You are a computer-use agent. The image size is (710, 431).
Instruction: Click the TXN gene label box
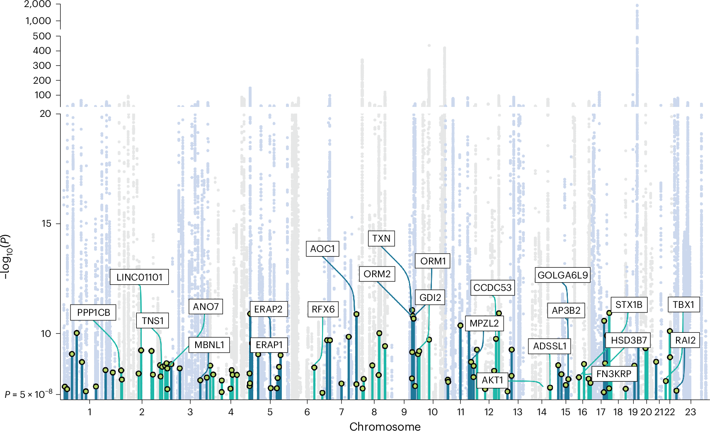[x=381, y=239]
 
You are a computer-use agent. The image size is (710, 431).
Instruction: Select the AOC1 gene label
[x=322, y=249]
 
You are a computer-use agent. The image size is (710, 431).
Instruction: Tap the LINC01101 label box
[x=139, y=277]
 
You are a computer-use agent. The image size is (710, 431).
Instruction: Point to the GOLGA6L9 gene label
[x=562, y=275]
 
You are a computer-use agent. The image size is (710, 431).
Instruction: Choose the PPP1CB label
[x=93, y=312]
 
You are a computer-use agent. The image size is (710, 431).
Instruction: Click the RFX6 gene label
[x=323, y=309]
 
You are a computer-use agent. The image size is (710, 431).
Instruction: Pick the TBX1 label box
[x=683, y=305]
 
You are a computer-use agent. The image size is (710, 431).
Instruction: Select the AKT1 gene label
[x=492, y=380]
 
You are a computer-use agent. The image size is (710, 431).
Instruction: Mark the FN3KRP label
[x=613, y=374]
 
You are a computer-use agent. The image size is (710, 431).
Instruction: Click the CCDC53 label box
[x=492, y=288]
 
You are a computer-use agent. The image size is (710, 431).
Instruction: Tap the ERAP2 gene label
[x=268, y=309]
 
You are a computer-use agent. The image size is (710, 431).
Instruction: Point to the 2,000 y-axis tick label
[x=38, y=4]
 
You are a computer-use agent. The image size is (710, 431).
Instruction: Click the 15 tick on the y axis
[x=46, y=223]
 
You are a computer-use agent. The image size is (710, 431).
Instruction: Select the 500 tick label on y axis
[x=42, y=36]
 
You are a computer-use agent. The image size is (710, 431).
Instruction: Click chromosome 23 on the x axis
[x=690, y=412]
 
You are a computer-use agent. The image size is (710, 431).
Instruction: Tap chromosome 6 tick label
[x=307, y=412]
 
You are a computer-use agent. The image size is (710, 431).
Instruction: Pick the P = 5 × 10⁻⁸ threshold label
[x=29, y=395]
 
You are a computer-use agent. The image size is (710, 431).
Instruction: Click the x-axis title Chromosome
[x=385, y=426]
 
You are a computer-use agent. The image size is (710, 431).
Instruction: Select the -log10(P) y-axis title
[x=6, y=257]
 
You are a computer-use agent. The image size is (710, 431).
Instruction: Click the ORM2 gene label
[x=377, y=274]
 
